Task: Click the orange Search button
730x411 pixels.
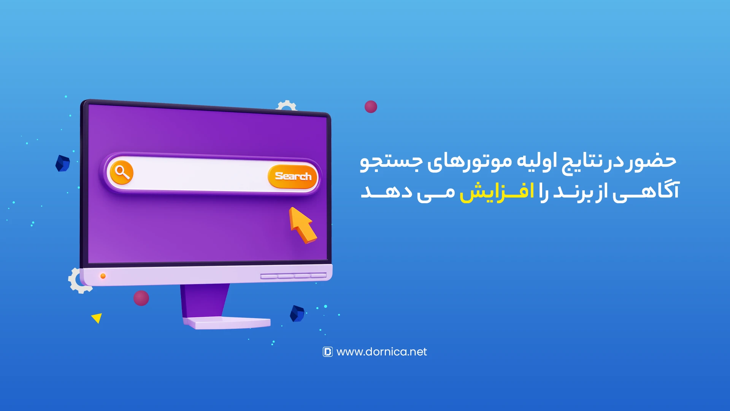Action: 292,176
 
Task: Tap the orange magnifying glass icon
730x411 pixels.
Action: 122,172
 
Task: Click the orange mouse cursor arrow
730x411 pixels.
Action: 302,225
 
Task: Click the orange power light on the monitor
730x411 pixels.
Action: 103,276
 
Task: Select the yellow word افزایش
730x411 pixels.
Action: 497,191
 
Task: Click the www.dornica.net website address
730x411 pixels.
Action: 381,352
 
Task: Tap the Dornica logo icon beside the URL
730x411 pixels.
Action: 327,352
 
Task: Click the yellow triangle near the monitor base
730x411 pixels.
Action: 97,318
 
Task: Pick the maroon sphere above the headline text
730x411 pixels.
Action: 371,107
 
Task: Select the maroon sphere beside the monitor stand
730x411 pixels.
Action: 141,298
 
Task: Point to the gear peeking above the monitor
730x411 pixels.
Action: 286,105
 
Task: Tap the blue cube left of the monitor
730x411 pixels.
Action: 63,163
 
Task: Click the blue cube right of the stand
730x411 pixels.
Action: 297,314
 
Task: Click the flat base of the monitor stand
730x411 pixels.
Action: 227,323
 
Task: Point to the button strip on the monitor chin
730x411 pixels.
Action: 294,276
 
